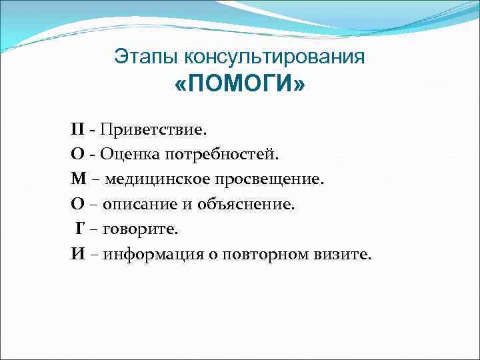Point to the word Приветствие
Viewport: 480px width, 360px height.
[141, 128]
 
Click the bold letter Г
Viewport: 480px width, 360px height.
[79, 229]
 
